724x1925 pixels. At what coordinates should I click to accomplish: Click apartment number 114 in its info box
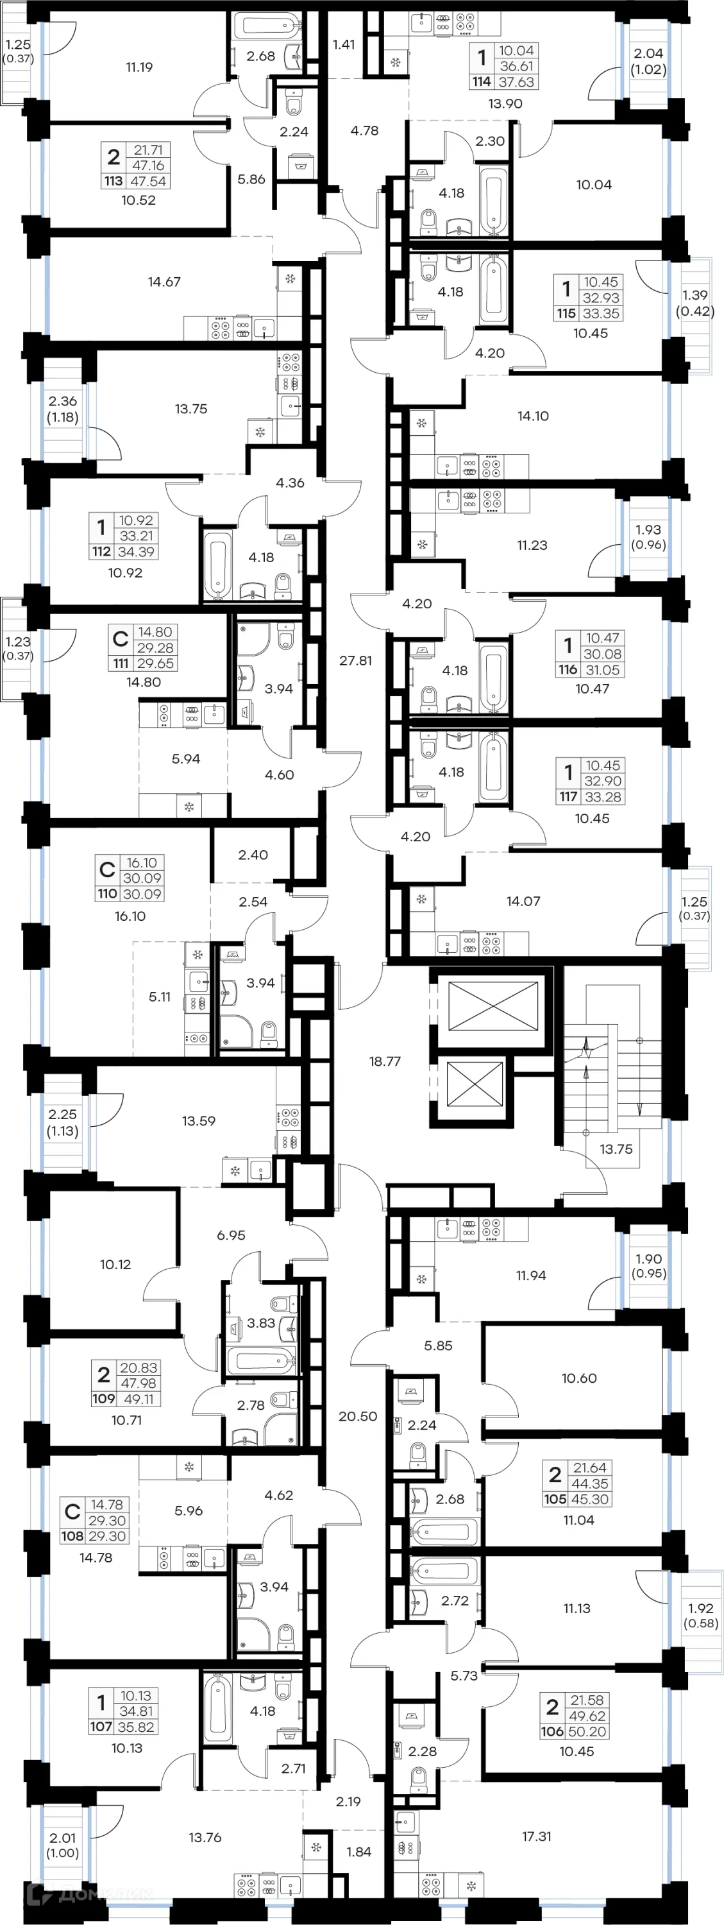(x=481, y=82)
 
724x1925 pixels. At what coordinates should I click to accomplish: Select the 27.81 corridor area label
(x=356, y=661)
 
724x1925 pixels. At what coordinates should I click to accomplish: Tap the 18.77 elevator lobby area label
(x=385, y=1061)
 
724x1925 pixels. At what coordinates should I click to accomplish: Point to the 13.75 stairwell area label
(x=616, y=1149)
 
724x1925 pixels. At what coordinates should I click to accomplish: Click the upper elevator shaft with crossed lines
(x=492, y=1006)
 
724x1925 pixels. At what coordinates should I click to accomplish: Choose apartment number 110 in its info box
(x=107, y=894)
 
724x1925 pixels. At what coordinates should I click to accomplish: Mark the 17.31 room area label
(x=537, y=1836)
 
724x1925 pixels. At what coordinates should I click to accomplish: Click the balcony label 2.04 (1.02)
(x=648, y=61)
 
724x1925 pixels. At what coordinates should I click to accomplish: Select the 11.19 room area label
(x=139, y=67)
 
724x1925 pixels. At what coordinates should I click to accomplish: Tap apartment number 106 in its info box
(x=552, y=1731)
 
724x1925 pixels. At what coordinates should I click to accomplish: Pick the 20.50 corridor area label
(x=358, y=1416)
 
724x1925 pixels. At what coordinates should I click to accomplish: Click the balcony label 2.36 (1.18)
(x=63, y=409)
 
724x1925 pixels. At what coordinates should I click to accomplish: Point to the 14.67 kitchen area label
(x=164, y=282)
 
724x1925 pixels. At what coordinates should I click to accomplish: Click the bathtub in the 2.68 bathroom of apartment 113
(x=267, y=27)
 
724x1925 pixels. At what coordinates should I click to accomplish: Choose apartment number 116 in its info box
(x=568, y=669)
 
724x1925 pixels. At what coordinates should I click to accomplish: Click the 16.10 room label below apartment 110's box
(x=130, y=916)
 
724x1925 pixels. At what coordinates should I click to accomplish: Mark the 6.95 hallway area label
(x=231, y=1235)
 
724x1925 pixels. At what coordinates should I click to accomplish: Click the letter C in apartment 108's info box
(x=72, y=1512)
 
